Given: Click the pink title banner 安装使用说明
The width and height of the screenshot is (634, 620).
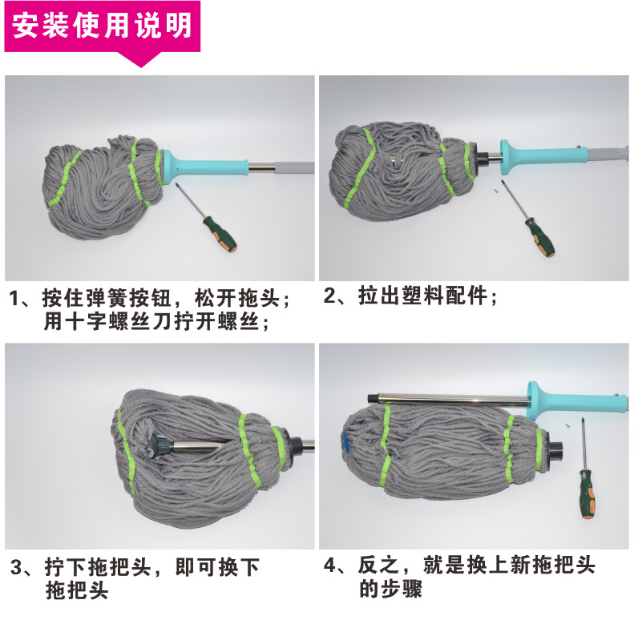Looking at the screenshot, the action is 103,26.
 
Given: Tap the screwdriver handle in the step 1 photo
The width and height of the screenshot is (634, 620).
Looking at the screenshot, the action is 220,234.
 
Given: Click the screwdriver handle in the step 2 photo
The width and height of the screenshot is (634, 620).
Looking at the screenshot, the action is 539,238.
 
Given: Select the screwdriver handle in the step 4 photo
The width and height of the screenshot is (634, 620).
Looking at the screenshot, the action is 587,494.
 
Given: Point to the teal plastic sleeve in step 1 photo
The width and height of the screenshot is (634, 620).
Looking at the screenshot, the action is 203,167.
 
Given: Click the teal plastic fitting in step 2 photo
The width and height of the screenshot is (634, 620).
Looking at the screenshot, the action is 543,157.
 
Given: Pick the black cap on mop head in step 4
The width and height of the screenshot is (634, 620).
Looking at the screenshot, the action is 553,451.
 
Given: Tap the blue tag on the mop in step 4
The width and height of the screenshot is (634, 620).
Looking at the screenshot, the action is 346,441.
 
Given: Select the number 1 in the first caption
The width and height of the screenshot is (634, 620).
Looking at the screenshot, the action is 14,299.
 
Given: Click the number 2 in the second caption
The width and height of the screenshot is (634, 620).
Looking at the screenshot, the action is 329,296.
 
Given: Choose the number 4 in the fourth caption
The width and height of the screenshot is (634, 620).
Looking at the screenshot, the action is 329,565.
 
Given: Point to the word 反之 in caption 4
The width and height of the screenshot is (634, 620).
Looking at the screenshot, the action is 378,565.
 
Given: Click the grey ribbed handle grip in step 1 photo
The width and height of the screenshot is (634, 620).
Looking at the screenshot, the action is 295,167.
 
